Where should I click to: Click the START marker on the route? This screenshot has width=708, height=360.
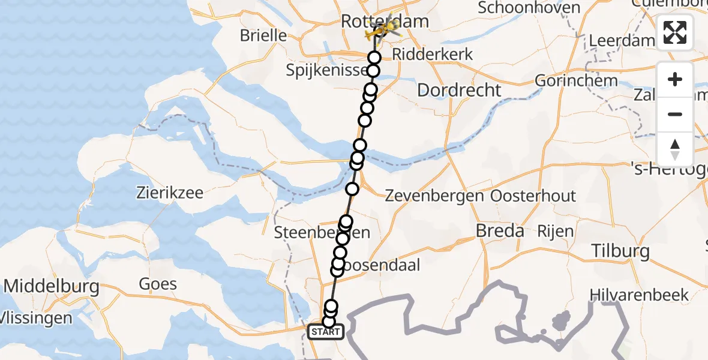coord(325,332)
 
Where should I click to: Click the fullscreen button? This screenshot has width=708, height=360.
coord(675,32)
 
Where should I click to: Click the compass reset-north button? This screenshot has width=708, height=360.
coord(675,149)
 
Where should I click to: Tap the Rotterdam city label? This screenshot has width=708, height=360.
coord(385,22)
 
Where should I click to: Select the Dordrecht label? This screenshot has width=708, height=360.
coord(458,91)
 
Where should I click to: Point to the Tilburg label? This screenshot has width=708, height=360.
coord(620,251)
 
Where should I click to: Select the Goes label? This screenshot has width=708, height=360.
coord(158,283)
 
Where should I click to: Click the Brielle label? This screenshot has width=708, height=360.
coord(263,35)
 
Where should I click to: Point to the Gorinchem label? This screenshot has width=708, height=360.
coord(568,80)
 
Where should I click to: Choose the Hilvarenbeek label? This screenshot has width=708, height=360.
coord(639,295)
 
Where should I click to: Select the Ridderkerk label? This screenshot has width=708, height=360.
coord(433,55)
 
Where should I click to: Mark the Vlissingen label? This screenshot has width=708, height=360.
coord(36,317)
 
